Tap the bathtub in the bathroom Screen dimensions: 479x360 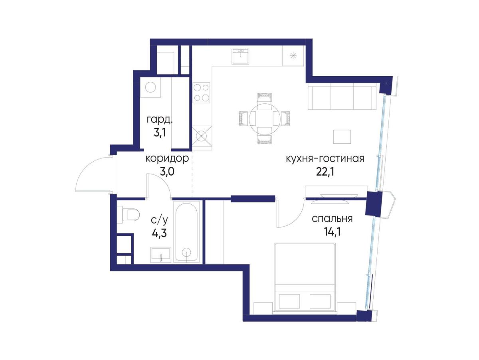point(186,232)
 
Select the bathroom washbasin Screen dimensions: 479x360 point(160,255)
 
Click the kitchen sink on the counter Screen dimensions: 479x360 point(240,56)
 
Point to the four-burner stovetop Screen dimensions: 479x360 point(201,93)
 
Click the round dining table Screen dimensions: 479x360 point(264,119)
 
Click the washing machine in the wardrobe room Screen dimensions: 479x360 point(150,87)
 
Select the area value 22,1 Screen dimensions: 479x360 point(325,172)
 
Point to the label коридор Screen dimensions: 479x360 point(167,158)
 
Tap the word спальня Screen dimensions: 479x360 point(332,218)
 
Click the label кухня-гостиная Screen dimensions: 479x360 point(325,158)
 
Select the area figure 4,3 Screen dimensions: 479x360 point(160,233)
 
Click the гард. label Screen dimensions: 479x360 point(160,120)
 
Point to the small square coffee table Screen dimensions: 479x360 point(342,137)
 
